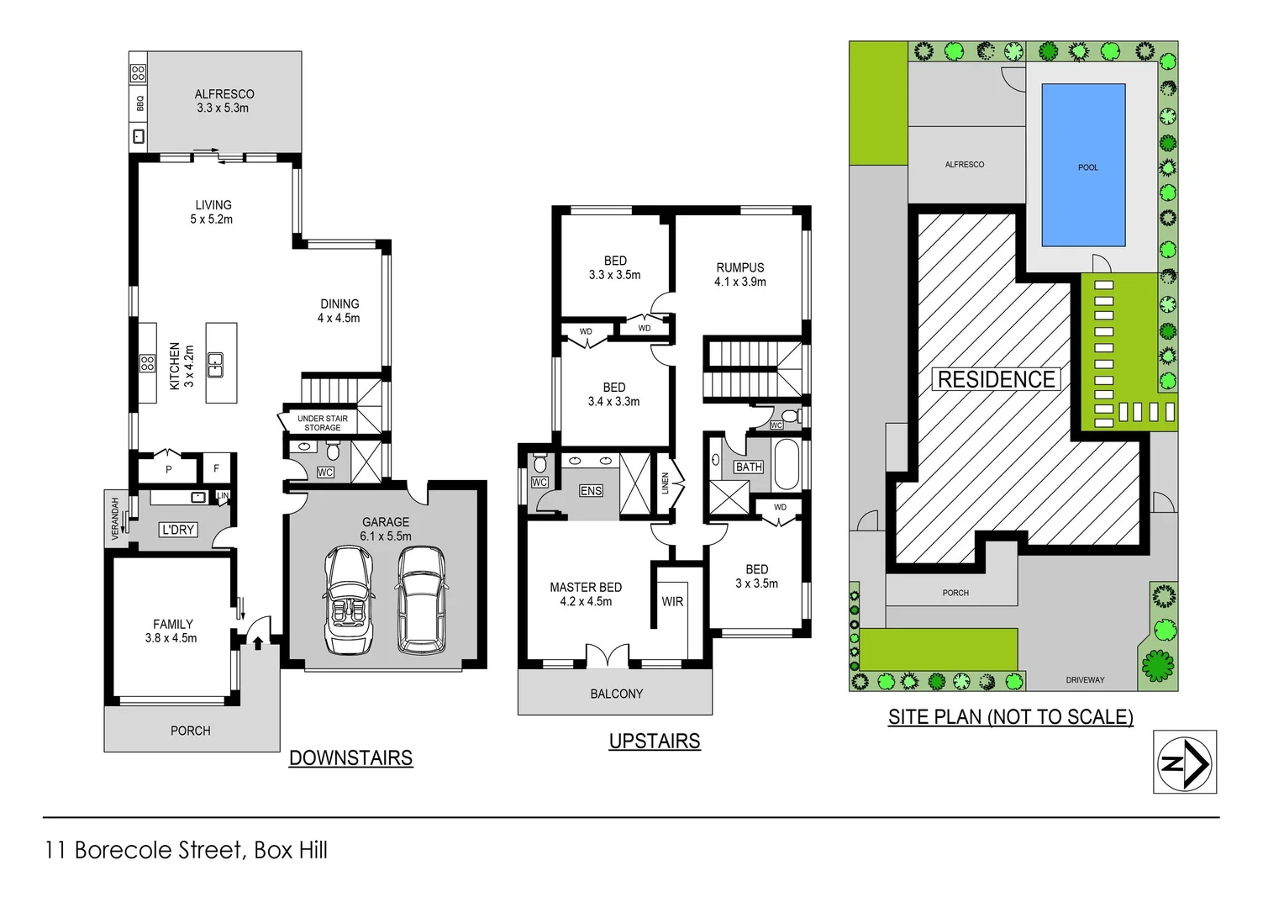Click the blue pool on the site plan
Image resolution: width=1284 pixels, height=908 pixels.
pyautogui.click(x=1083, y=165)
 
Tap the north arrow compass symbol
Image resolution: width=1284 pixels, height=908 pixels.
pyautogui.click(x=1184, y=762)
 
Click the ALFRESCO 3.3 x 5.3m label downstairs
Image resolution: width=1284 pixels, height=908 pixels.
pyautogui.click(x=224, y=101)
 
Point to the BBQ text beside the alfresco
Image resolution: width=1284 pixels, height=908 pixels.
pyautogui.click(x=139, y=103)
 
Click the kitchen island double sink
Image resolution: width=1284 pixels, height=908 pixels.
pyautogui.click(x=216, y=363)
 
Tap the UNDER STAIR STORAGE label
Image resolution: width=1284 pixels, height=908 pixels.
pyautogui.click(x=322, y=423)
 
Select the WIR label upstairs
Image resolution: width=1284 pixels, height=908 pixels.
pyautogui.click(x=672, y=602)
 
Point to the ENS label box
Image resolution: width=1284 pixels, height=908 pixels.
pyautogui.click(x=591, y=491)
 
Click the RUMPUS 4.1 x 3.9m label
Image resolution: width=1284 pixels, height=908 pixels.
pyautogui.click(x=739, y=275)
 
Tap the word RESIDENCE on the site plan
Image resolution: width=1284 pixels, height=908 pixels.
pyautogui.click(x=996, y=380)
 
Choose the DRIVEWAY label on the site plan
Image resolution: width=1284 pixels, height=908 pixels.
pyautogui.click(x=1085, y=680)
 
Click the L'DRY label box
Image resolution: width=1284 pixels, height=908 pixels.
pyautogui.click(x=177, y=530)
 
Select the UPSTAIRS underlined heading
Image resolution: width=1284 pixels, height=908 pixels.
pyautogui.click(x=654, y=742)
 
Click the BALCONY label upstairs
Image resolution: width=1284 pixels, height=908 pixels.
pyautogui.click(x=616, y=694)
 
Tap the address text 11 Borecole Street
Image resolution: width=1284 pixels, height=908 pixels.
pyautogui.click(x=144, y=850)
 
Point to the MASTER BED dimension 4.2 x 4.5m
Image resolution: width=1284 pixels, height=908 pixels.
pyautogui.click(x=586, y=602)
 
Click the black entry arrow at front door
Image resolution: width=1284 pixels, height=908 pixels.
pyautogui.click(x=257, y=643)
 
